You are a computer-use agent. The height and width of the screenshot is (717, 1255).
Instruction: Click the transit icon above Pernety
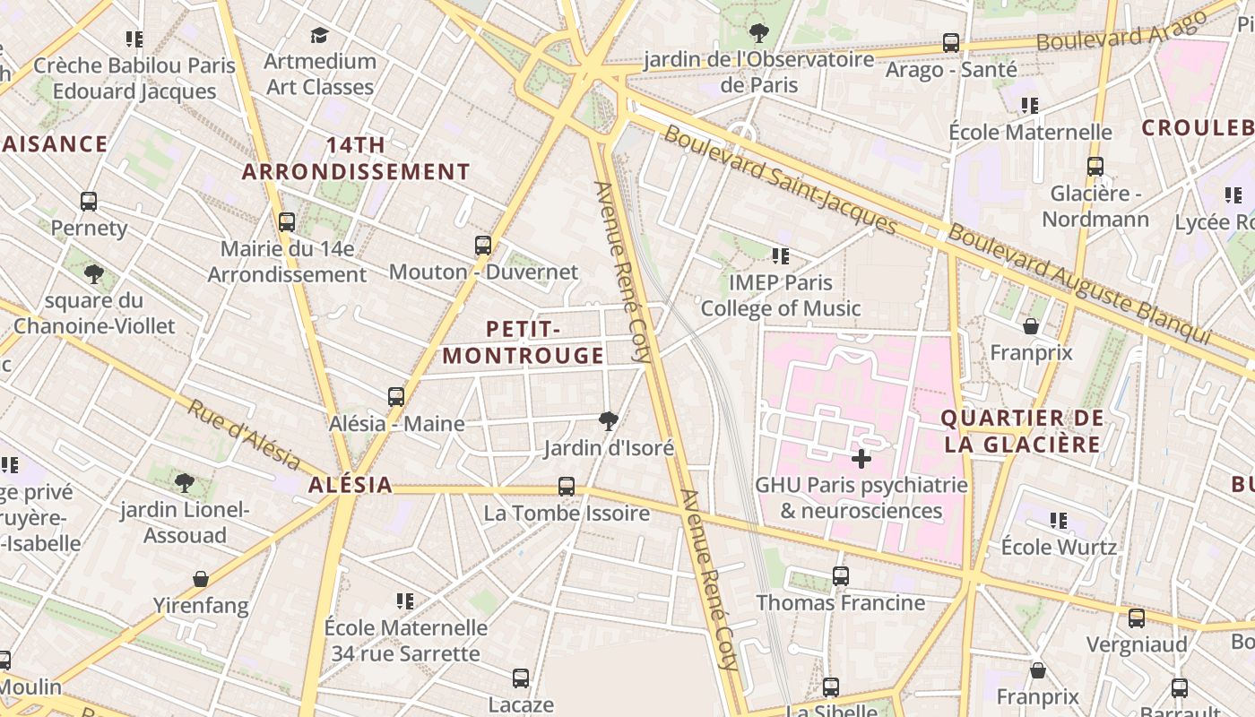coord(88,202)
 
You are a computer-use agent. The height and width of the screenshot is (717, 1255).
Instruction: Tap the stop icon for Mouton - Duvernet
coord(483,245)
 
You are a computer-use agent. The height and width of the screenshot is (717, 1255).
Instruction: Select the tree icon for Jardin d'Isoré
coord(609,420)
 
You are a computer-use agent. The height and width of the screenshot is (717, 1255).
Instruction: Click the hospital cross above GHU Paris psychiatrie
coord(861,460)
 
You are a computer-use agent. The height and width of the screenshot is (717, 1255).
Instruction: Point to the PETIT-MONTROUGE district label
coord(524,342)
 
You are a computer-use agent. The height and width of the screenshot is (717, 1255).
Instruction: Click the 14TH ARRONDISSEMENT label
coord(356,158)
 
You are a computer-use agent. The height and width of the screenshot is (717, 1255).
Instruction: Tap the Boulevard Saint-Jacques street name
coord(780,180)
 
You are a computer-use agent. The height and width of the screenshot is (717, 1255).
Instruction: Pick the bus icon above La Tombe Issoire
coord(567,487)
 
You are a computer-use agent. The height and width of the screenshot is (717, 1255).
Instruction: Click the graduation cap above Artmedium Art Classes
coord(319,35)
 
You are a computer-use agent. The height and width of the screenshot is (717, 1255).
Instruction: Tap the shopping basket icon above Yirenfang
coord(201,579)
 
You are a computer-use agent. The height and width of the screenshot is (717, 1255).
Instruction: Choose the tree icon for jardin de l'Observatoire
coord(759,33)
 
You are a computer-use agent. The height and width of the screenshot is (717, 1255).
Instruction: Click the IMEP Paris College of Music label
coord(780,296)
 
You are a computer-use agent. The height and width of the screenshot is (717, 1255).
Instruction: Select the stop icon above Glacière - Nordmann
coord(1095,167)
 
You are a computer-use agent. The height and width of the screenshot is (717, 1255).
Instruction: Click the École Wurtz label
coord(1059,547)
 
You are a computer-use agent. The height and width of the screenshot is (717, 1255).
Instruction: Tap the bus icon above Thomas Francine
coord(840,576)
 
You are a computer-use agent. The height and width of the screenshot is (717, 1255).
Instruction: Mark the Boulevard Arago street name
coord(1121,32)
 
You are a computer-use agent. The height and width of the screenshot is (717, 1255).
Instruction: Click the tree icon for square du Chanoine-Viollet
coord(94,273)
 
